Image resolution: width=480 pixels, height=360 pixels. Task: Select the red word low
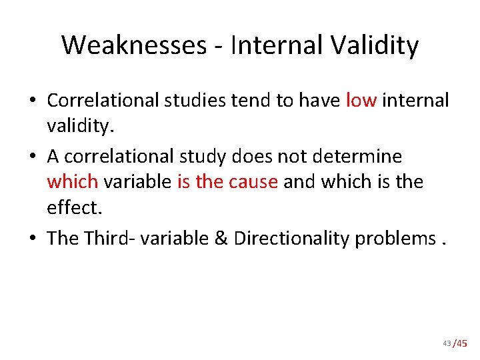coord(361,100)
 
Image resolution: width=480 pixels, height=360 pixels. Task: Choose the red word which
coord(73,182)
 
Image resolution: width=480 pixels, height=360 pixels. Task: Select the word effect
coord(73,208)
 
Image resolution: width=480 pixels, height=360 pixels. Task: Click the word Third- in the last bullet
coord(108,238)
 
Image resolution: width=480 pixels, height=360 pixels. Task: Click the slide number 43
coord(446,343)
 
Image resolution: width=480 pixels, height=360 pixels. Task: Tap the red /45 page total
coord(460,343)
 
